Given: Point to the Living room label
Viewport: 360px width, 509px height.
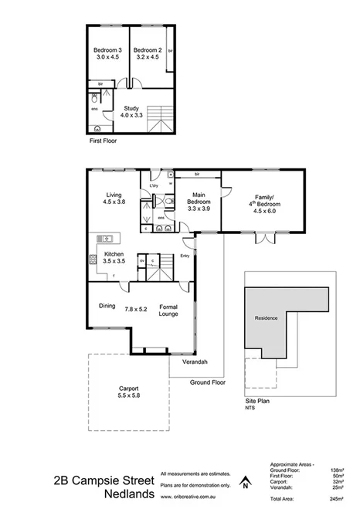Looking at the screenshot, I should click(114, 195).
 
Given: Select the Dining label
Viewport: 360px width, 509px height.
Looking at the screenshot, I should click(107, 306).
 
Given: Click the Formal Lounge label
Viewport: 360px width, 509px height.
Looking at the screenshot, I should click(168, 310).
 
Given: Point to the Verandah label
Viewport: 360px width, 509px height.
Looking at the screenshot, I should click(194, 362).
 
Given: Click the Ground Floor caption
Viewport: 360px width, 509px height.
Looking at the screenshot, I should click(207, 382).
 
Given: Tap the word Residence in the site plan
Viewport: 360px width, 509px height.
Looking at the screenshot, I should click(267, 318).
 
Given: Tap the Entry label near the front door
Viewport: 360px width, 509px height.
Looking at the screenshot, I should click(185, 256).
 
